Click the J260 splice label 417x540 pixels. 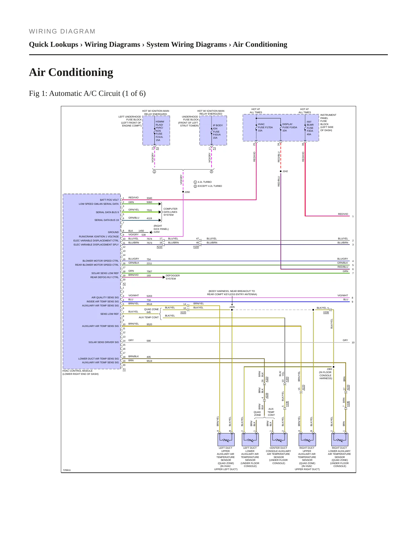click(x=187, y=192)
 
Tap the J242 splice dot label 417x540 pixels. click(x=285, y=171)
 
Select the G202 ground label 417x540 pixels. click(x=157, y=232)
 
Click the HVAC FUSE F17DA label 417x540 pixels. click(x=265, y=127)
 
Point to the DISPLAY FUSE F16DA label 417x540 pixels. click(x=290, y=127)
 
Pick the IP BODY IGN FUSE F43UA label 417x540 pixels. click(x=218, y=131)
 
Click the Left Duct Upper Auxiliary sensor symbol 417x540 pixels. click(x=226, y=440)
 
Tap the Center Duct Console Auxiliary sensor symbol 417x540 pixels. click(x=279, y=440)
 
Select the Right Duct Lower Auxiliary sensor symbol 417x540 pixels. click(x=340, y=440)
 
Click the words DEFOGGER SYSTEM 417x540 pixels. click(x=173, y=277)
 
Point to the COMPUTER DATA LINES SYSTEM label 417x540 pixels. click(x=170, y=212)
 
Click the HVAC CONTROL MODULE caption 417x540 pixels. click(x=81, y=372)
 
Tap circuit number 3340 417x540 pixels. click(x=149, y=198)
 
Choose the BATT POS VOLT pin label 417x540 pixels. click(x=109, y=200)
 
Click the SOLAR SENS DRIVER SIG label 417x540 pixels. click(x=104, y=342)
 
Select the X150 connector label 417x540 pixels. click(x=196, y=247)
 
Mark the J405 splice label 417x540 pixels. click(x=232, y=307)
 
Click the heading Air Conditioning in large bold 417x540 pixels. click(x=71, y=72)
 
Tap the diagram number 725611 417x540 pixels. click(x=67, y=470)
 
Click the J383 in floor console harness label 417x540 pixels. click(x=326, y=374)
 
